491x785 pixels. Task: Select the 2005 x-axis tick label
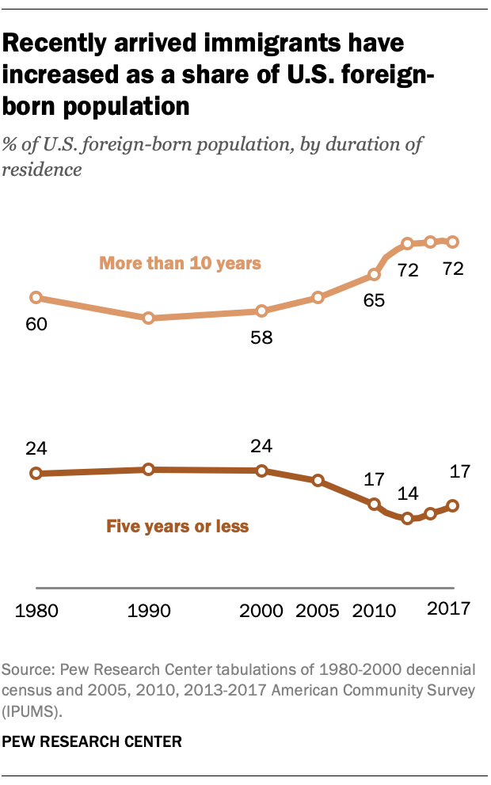coord(317,611)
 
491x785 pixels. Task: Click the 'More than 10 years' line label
coord(180,263)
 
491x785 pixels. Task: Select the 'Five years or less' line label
coord(177,526)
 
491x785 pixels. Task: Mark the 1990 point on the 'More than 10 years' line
coord(148,318)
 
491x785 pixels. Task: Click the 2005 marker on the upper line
coord(318,298)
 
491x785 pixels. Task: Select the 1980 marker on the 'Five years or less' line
coord(36,474)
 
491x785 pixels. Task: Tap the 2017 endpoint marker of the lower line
coord(453,505)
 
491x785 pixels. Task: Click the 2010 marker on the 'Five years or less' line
coord(374,503)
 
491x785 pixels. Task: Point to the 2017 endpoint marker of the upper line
coord(453,242)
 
